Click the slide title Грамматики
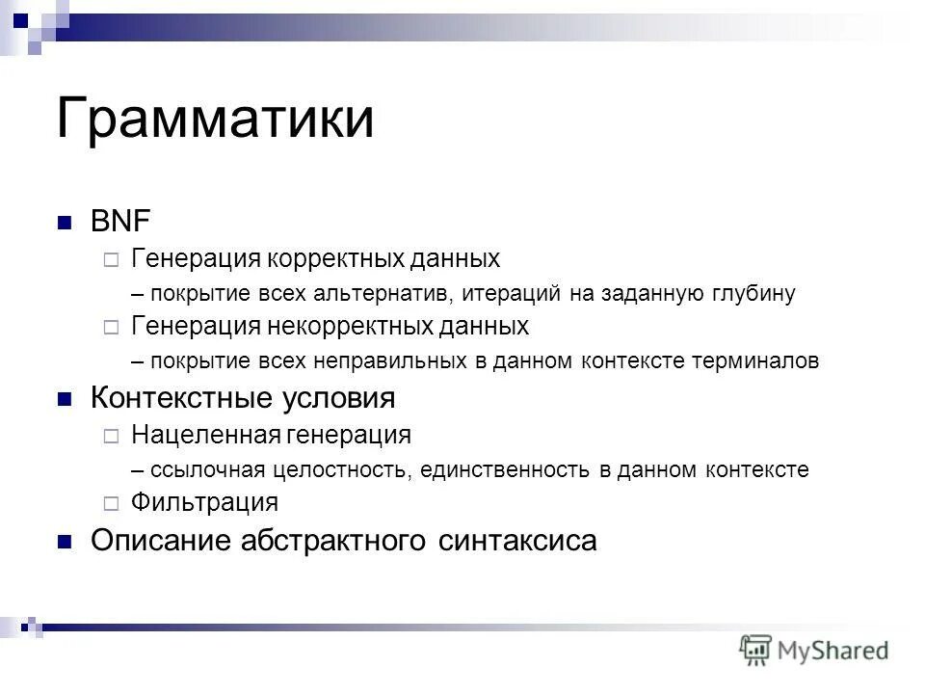pos(215,119)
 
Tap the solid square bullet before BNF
pos(65,222)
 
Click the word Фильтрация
pos(204,502)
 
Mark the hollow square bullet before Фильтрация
pos(111,503)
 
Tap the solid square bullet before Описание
pos(65,542)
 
